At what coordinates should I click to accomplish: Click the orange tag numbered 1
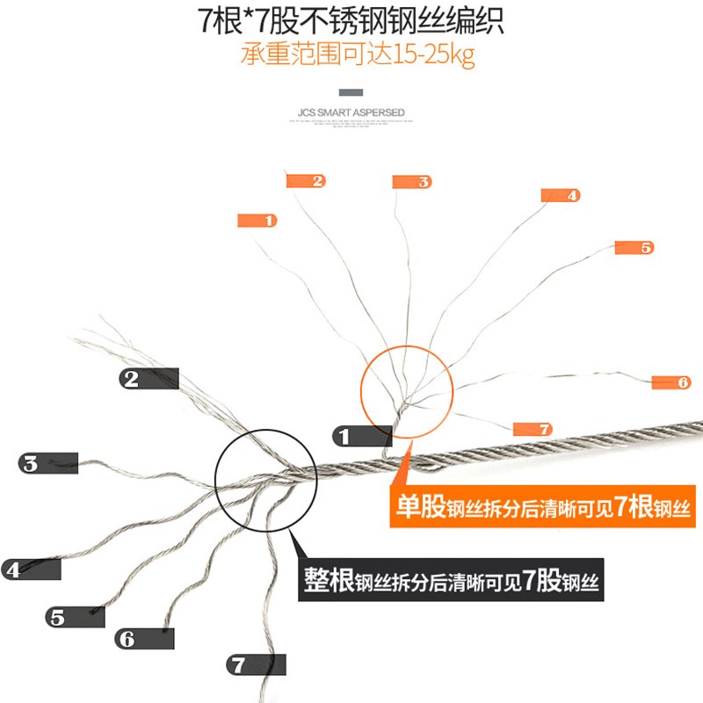(x=257, y=221)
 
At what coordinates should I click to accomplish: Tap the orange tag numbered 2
(x=306, y=181)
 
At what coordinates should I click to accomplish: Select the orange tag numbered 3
(x=412, y=182)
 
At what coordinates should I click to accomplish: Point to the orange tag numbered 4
(x=561, y=195)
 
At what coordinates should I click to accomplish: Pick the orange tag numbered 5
(x=634, y=248)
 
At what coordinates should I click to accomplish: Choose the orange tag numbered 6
(x=671, y=382)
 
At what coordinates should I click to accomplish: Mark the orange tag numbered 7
(x=533, y=429)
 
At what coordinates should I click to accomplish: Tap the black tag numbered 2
(x=149, y=379)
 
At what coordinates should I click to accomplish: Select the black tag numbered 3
(x=49, y=463)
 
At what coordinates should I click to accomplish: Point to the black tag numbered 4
(x=32, y=569)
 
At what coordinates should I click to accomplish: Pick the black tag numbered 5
(x=75, y=617)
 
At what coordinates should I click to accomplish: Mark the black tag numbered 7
(x=257, y=664)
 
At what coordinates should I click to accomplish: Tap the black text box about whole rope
(x=452, y=581)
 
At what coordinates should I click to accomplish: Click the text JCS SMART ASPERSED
(x=351, y=112)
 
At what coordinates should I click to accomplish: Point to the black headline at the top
(x=351, y=19)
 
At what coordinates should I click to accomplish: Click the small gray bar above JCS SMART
(x=351, y=92)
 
